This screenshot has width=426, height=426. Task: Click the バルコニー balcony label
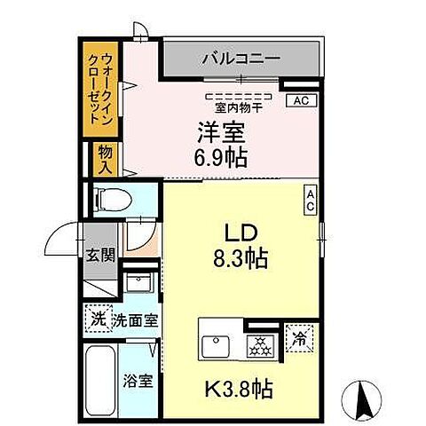click(240, 60)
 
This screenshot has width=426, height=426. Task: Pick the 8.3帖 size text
click(241, 259)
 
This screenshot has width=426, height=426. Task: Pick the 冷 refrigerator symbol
click(299, 338)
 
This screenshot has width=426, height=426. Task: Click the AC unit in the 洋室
click(300, 100)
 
